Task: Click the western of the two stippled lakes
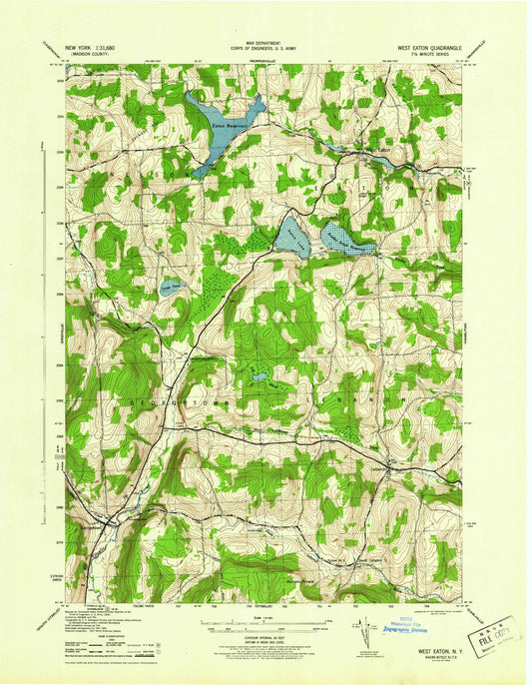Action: click(292, 238)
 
